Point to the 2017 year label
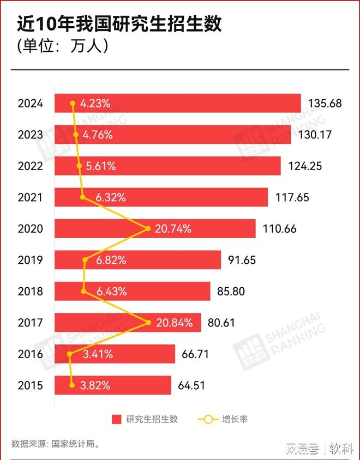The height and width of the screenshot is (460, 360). tap(30, 323)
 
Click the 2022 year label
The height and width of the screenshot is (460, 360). tap(30, 166)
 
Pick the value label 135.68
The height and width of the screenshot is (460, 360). tap(325, 103)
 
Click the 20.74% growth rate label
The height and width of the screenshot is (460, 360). tap(173, 229)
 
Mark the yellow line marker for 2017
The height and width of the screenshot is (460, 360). tap(148, 323)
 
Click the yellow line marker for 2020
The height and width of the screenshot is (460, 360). tap(148, 229)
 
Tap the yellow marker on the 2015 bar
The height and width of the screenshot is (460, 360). tap(72, 385)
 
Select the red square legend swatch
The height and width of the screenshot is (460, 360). tap(116, 419)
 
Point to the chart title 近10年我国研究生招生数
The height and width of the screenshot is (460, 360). tap(120, 25)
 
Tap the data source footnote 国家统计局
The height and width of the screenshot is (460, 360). tap(56, 444)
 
